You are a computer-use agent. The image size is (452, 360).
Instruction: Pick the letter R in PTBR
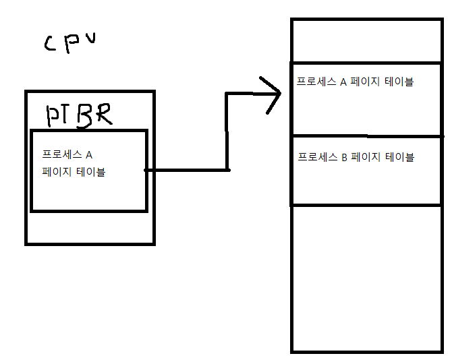[103, 115]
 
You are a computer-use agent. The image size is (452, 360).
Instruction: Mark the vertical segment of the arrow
[227, 131]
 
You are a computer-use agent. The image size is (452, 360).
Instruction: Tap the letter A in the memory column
[343, 82]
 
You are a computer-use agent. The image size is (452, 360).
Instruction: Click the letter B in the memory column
[344, 157]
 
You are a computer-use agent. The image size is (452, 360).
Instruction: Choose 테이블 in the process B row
[399, 157]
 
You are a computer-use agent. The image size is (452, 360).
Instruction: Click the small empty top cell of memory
[366, 40]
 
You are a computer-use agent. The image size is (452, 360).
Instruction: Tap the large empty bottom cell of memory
[366, 278]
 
